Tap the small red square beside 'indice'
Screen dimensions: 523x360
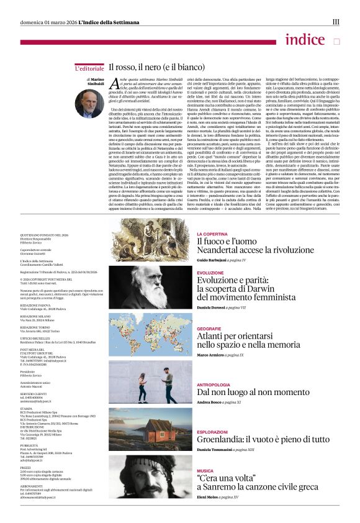[337, 42]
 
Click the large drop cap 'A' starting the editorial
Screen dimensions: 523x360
[114, 84]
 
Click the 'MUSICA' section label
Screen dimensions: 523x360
[205, 471]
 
